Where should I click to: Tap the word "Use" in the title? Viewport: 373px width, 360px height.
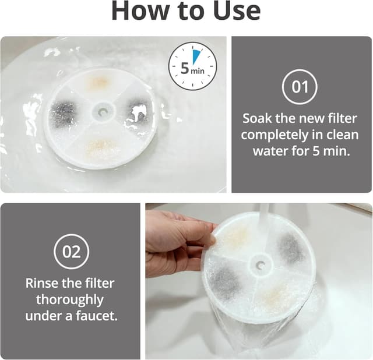[x=234, y=12]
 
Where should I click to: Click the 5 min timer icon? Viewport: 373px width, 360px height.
[x=192, y=66]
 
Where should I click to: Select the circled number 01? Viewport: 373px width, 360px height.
[x=300, y=88]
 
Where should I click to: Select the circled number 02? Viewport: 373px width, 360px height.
[x=71, y=252]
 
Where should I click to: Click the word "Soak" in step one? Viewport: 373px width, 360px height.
[x=258, y=118]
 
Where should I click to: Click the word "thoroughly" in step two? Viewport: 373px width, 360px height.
[x=70, y=300]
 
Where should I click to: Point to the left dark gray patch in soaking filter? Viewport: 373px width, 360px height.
[x=64, y=113]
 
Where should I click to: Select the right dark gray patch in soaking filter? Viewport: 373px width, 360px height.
[x=138, y=111]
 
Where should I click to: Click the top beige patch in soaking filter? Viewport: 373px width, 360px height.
[x=98, y=83]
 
